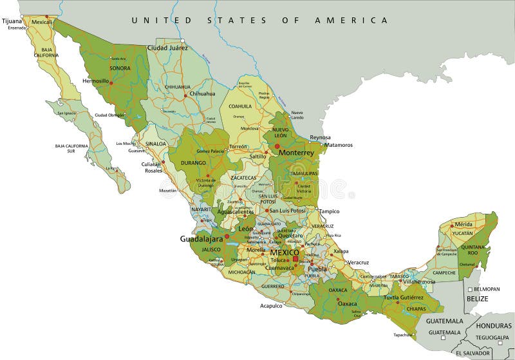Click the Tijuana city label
12,21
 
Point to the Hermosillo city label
96,82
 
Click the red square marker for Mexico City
295,260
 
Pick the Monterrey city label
296,153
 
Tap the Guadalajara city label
200,238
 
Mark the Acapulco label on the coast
271,306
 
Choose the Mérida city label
464,224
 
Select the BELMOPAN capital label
487,289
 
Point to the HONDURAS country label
494,326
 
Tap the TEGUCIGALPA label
492,337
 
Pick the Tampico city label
328,211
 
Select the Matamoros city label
339,145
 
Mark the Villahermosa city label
419,281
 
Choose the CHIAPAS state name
417,308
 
